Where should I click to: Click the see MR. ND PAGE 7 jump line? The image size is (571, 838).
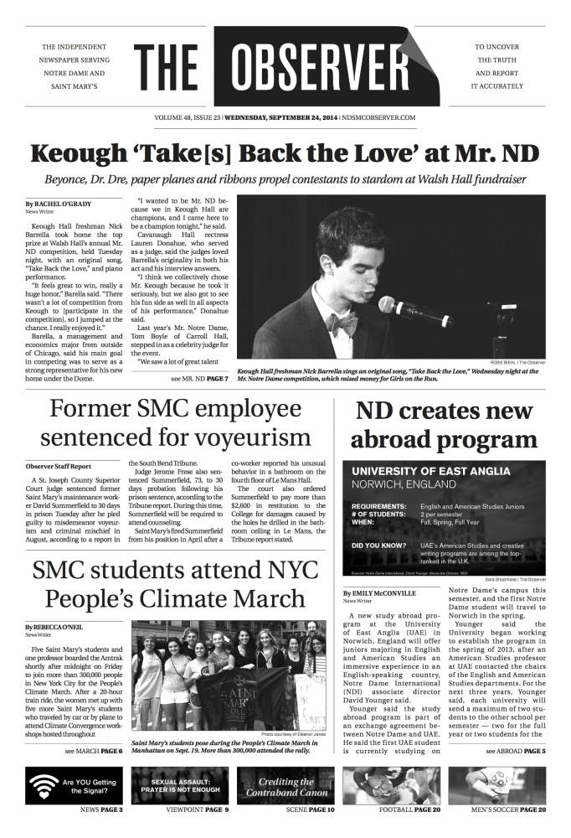click(199, 380)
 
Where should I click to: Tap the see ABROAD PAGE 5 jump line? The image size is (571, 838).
click(516, 752)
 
